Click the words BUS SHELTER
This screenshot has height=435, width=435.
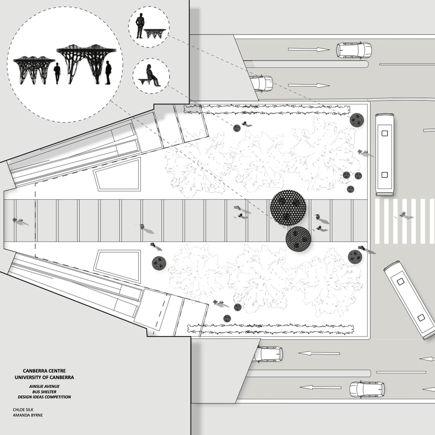click(x=45, y=390)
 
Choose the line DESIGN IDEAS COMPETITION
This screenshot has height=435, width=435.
click(x=45, y=397)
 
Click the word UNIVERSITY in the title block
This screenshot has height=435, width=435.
click(x=33, y=377)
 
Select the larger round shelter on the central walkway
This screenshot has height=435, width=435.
click(x=289, y=207)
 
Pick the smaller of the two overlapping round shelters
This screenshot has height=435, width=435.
click(x=298, y=238)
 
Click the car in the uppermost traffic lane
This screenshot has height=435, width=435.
click(x=353, y=50)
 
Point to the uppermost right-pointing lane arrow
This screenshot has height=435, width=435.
click(x=307, y=50)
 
